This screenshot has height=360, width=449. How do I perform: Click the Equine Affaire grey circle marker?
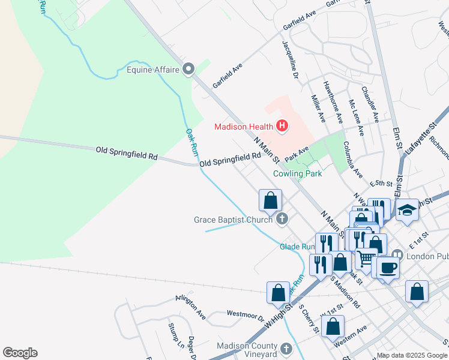189,70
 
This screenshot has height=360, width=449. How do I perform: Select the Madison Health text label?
244,126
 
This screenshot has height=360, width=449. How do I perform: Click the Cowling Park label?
297,173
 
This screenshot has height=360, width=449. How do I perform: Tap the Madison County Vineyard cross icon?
286,349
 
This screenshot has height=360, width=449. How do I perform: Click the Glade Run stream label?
297,246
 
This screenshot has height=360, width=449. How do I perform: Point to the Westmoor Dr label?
246,313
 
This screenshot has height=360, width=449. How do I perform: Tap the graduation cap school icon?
407,210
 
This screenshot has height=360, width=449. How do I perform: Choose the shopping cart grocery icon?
366,259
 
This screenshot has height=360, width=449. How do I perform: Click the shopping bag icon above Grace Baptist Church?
271,199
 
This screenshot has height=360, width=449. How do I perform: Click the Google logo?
20,353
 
